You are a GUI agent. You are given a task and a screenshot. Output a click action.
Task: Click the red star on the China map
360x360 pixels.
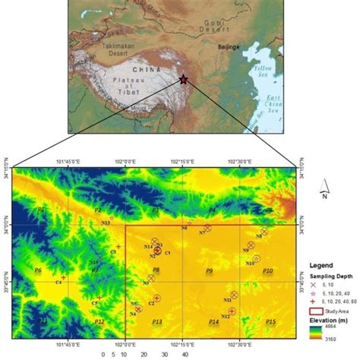183,78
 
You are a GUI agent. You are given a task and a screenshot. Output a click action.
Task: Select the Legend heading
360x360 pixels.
322,267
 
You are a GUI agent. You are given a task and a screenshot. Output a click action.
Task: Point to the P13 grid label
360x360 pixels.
156,322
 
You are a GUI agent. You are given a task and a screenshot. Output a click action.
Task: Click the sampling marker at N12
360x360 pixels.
232,311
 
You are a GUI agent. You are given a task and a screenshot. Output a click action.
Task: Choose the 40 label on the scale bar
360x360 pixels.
185,354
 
